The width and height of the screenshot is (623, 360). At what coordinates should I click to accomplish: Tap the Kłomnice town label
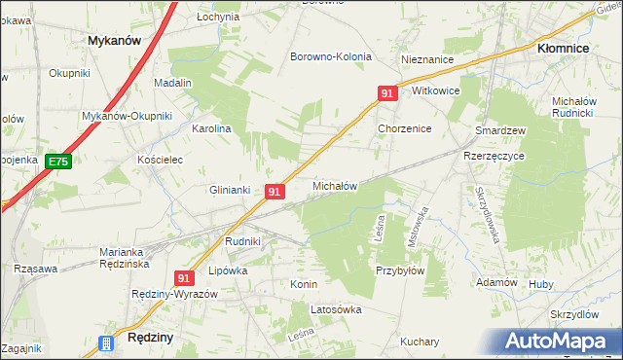[x=568, y=46]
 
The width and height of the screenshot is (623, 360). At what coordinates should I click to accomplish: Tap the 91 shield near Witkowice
[x=387, y=93]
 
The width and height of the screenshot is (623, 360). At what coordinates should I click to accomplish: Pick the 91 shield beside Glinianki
[x=275, y=193]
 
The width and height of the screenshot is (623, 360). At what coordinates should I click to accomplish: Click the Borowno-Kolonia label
[x=331, y=56]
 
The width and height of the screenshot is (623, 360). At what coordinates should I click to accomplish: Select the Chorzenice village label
[x=404, y=128]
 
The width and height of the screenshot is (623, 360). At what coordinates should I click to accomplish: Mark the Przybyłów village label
[x=399, y=271]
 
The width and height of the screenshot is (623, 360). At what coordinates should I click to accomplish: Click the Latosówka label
[x=336, y=309]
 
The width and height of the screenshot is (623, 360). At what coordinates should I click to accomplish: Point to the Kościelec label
[x=161, y=159]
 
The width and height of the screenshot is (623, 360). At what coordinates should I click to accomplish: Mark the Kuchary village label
[x=420, y=342]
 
